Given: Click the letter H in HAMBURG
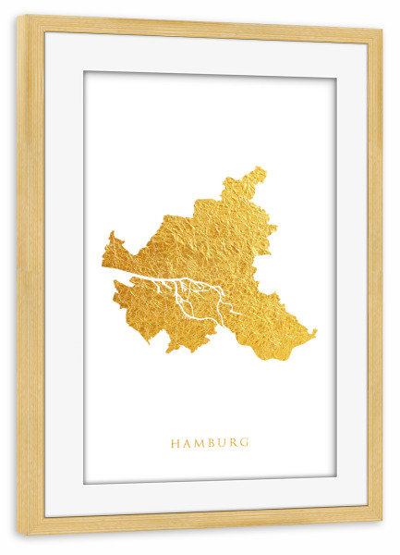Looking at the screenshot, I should [x=175, y=443].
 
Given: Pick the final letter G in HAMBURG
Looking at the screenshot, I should [x=246, y=443].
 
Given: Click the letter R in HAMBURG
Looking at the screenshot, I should [x=234, y=443].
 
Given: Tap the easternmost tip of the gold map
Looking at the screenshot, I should [x=316, y=331].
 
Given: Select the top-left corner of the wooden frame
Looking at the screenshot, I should [x=18, y=16].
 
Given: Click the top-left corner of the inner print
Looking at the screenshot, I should [x=84, y=71].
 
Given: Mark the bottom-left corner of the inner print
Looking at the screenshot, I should [x=84, y=484].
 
